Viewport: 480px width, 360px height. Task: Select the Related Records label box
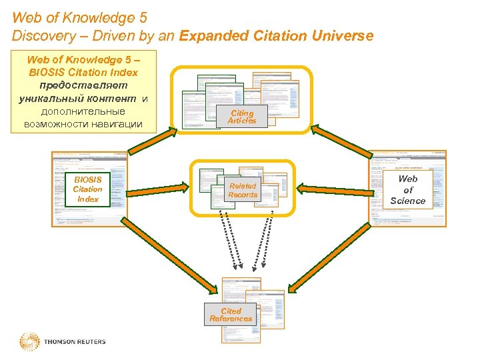(243, 191)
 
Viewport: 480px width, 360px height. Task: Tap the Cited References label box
(231, 315)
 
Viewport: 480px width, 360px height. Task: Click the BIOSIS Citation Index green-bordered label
(87, 189)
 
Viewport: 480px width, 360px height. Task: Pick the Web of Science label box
(407, 189)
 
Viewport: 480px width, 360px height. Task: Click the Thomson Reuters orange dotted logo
(29, 341)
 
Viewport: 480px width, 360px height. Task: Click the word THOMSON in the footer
(59, 342)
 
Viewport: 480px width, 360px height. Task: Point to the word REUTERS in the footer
(90, 342)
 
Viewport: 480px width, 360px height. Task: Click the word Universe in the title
(343, 36)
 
